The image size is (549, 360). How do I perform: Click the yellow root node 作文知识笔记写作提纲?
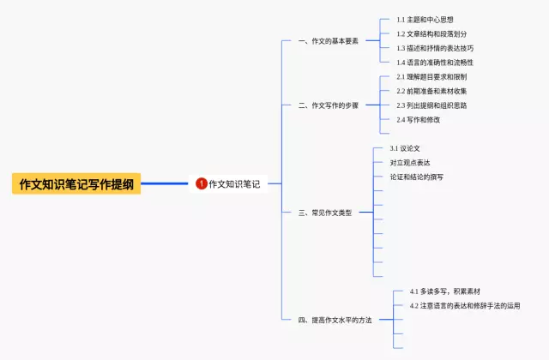[76, 183]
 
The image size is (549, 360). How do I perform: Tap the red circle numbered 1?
[202, 183]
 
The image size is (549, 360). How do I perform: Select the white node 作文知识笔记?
[228, 183]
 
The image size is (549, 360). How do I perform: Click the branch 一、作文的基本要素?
[329, 41]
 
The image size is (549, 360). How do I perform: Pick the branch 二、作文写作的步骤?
[329, 105]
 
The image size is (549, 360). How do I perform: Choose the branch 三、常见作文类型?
[325, 213]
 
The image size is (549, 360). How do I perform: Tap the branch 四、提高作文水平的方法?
[335, 320]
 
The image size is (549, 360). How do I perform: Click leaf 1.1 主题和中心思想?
[425, 20]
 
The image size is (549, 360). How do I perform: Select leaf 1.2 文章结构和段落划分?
[431, 34]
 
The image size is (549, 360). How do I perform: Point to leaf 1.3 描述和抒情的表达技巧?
[435, 48]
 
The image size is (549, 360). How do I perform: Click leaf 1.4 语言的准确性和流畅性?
[435, 63]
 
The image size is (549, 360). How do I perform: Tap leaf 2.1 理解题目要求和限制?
[431, 77]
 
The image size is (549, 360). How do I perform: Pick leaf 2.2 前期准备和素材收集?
[431, 92]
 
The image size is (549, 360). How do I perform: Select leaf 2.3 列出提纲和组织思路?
[431, 105]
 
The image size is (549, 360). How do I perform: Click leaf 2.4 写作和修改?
[419, 120]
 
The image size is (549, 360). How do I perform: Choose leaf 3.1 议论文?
[405, 148]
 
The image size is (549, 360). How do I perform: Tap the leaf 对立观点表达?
[410, 163]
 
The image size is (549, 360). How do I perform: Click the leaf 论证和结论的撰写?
[417, 177]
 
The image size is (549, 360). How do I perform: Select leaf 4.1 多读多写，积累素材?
[445, 291]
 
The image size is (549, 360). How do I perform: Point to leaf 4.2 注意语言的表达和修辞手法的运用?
[465, 306]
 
